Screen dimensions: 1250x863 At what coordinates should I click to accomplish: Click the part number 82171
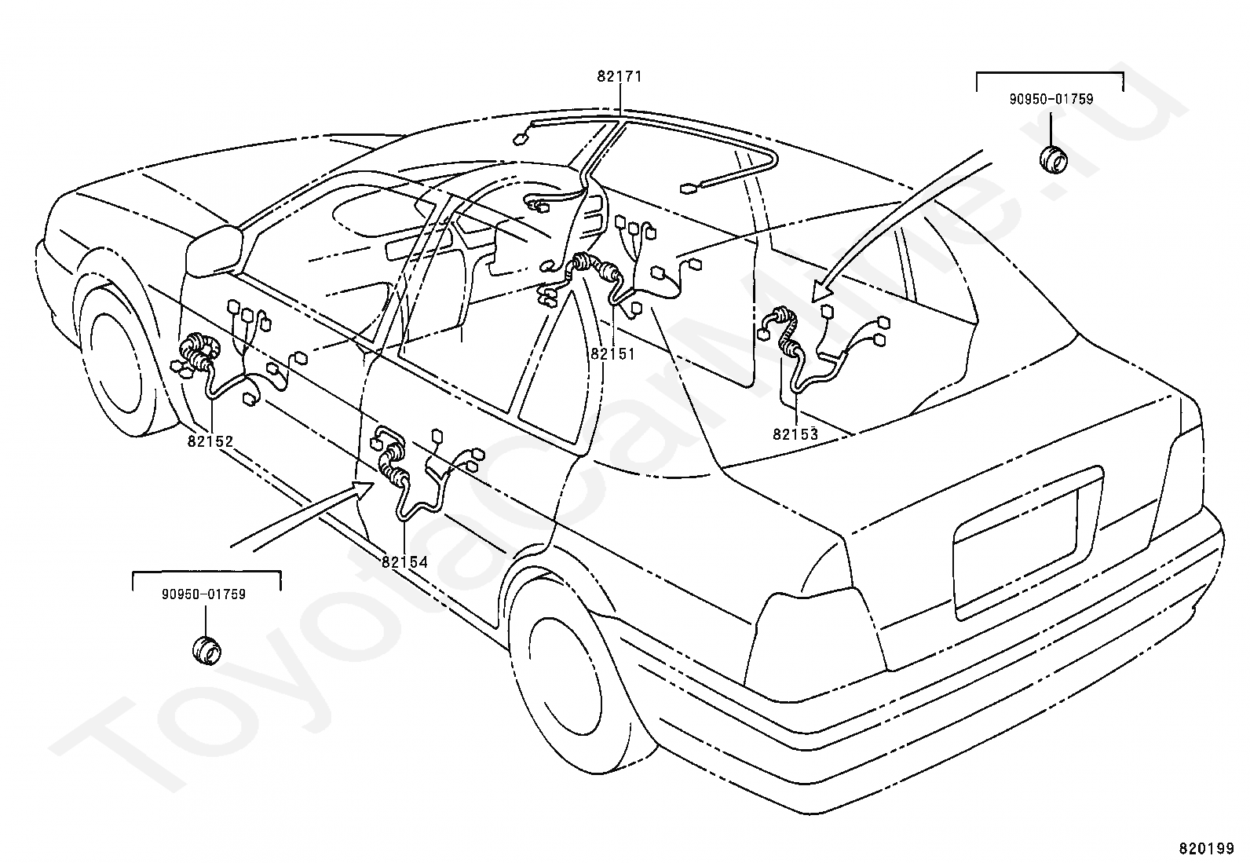620,76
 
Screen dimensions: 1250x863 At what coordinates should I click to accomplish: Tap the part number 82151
612,354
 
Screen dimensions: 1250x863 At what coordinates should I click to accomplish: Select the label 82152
210,441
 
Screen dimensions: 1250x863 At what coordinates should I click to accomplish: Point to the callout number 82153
795,433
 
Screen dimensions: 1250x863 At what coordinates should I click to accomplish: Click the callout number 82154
404,562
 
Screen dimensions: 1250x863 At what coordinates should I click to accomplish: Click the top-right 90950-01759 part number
1051,100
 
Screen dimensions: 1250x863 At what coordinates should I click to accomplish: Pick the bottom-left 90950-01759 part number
203,594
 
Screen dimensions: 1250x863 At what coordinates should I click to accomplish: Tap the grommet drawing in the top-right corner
1053,159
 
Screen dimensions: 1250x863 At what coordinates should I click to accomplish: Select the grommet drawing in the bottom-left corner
206,650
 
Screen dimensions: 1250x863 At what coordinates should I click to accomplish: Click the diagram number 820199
1207,848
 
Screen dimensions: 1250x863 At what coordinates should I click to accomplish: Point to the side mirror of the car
214,250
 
